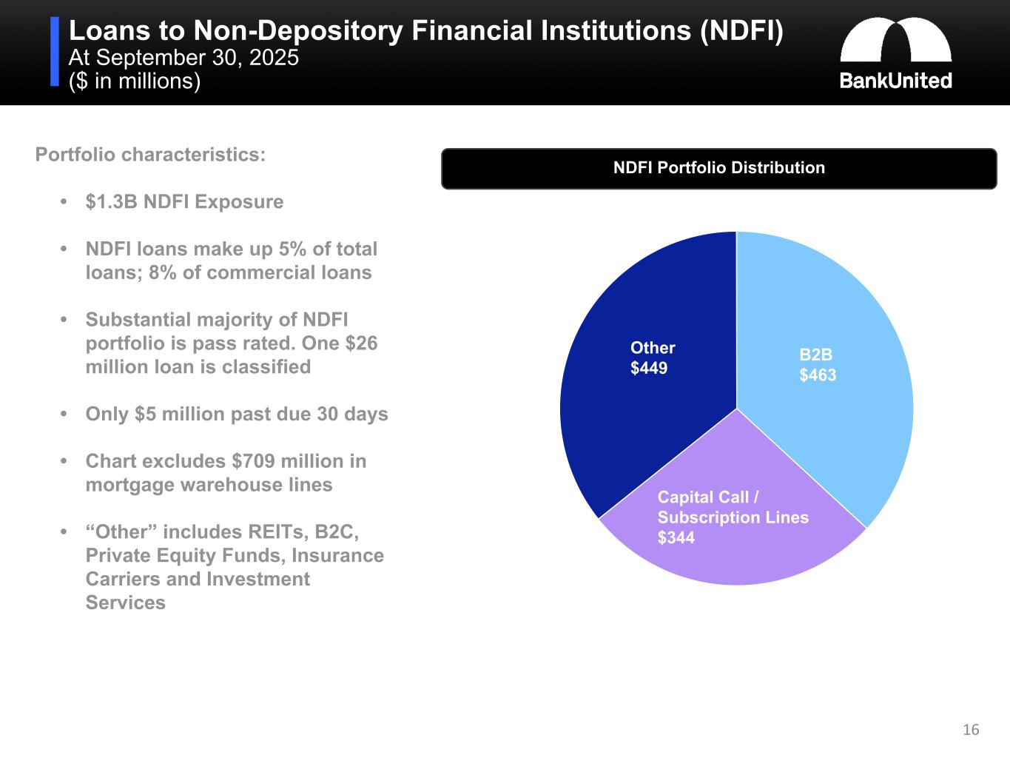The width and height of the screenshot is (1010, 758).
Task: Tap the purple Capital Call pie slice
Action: [x=740, y=555]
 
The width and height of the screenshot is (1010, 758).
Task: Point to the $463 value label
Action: [x=818, y=375]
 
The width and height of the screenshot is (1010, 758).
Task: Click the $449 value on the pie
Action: [x=649, y=368]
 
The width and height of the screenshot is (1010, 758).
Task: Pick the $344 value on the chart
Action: [x=676, y=538]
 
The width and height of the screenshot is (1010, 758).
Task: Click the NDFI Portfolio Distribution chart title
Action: [x=718, y=168]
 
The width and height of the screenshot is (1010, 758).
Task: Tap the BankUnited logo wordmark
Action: [x=895, y=81]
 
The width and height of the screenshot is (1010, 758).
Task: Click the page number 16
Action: [x=971, y=730]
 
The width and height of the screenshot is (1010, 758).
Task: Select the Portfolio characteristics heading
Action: [x=150, y=155]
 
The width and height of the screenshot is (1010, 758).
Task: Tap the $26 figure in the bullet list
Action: [x=361, y=343]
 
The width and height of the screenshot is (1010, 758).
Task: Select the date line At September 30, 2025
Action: [x=184, y=58]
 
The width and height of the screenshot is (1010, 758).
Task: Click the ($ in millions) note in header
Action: [x=135, y=81]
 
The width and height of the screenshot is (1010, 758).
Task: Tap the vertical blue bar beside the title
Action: [x=55, y=52]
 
